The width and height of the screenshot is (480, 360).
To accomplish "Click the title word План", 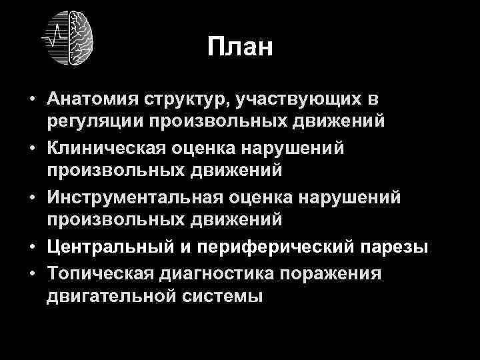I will tap(240, 47).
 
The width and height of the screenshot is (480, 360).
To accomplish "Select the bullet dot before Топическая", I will tap(32, 273).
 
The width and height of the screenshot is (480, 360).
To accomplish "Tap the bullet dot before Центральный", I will tap(32, 248).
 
